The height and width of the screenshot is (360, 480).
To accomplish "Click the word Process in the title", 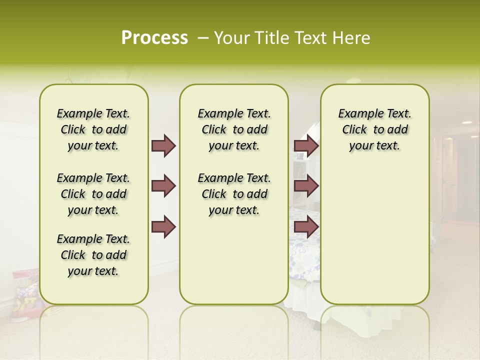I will click(x=154, y=38).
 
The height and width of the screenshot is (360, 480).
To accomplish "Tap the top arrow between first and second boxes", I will click(x=163, y=145).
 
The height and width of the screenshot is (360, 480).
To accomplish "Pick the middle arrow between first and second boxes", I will click(x=163, y=186).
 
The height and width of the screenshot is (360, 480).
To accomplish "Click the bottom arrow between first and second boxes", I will click(x=163, y=227).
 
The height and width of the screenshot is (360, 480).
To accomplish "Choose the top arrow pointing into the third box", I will click(x=306, y=145).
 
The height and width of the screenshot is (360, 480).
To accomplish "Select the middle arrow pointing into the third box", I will click(x=306, y=186).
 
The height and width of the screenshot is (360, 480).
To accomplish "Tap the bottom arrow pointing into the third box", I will click(x=306, y=227).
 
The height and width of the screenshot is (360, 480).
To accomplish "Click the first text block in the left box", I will click(x=93, y=129).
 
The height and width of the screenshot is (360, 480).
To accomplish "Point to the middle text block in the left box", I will click(x=93, y=194).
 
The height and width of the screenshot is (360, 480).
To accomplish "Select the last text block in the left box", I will click(x=93, y=255).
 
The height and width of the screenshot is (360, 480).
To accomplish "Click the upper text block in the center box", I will click(x=234, y=129).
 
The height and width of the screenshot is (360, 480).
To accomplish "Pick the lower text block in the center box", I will click(x=234, y=194).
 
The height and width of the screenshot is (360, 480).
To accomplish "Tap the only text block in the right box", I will click(x=375, y=129).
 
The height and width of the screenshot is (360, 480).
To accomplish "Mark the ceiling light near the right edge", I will click(x=466, y=122).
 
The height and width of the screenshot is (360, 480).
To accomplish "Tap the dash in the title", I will click(x=203, y=38).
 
